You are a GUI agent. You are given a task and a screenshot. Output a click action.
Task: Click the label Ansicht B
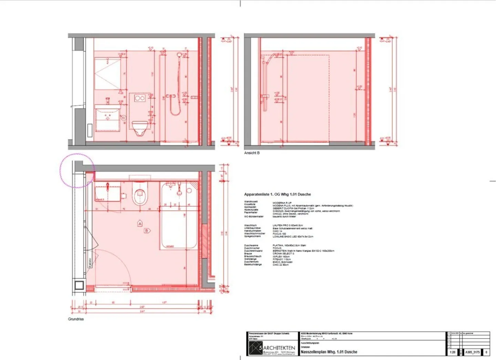click(252, 153)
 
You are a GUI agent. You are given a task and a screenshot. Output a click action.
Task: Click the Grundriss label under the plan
click(76, 319)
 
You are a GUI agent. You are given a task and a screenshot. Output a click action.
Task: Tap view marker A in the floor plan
click(140, 224)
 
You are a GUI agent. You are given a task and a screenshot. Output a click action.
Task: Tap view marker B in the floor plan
click(147, 230)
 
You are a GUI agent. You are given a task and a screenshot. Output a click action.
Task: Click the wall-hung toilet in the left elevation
click(140, 128)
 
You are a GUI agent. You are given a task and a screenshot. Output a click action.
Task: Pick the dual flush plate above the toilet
click(140, 98)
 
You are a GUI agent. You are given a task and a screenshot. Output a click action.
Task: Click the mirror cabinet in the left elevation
click(107, 74)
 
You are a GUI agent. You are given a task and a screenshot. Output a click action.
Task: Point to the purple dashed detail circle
click(77, 171)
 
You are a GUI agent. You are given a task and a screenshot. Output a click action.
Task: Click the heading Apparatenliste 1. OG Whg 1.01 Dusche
click(278, 194)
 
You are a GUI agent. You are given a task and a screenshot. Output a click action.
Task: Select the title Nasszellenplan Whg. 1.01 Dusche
click(329, 352)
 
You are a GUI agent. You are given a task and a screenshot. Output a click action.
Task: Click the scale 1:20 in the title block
click(453, 352)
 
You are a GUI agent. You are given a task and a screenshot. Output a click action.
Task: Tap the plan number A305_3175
click(472, 352)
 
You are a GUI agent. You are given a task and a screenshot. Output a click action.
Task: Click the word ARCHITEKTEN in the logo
click(279, 348)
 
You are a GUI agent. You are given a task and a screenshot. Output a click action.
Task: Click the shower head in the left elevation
click(179, 54)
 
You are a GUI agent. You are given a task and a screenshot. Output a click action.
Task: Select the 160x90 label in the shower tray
click(170, 246)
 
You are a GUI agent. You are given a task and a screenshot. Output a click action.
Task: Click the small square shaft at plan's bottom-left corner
click(79, 285)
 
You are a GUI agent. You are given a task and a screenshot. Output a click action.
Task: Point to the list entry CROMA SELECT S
click(283, 254)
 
